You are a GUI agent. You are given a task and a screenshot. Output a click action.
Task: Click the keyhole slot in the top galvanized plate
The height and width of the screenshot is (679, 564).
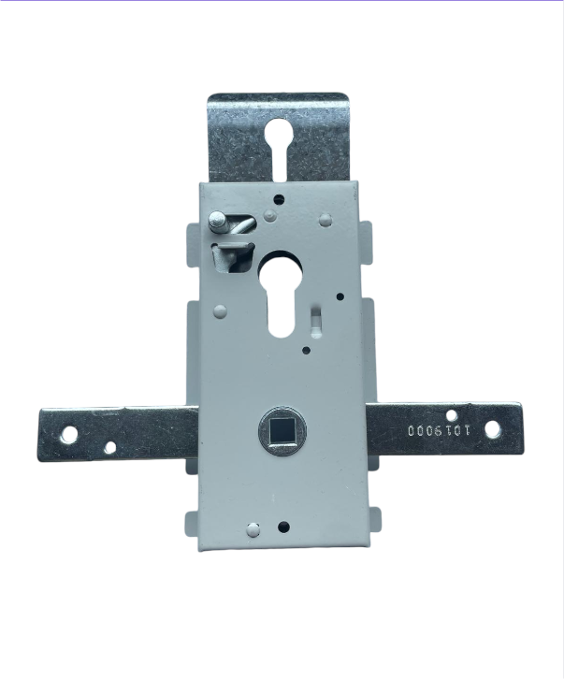click(279, 147)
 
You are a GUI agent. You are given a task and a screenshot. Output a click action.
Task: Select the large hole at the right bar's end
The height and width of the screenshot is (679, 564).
click(491, 428)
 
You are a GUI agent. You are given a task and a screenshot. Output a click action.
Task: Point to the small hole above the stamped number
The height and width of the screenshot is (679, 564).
click(451, 415)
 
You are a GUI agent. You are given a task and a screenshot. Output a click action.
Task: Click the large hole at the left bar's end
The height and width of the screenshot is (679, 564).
click(69, 434)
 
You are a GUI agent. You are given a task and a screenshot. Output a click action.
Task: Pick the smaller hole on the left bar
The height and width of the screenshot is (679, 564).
click(110, 447)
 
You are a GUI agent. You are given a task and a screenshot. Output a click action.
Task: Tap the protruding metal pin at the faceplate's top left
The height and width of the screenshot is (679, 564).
click(217, 222)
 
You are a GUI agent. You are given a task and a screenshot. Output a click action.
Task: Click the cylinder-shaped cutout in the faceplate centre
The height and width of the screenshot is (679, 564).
click(282, 296)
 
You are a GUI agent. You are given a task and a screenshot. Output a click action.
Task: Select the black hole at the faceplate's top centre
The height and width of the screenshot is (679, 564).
click(280, 199)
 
